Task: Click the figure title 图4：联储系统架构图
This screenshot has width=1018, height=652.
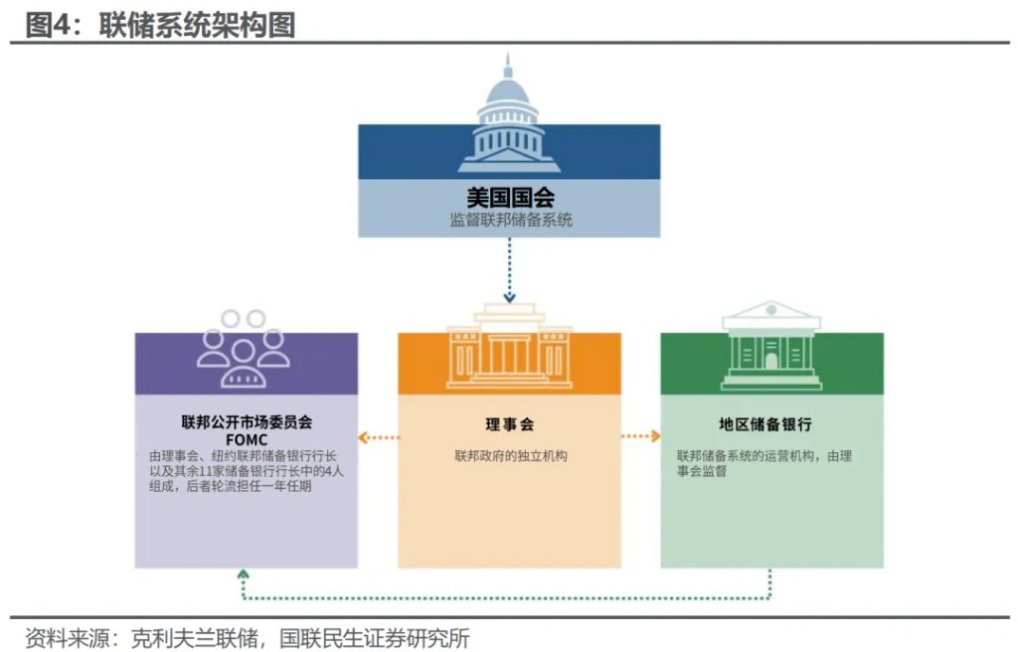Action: click(160, 25)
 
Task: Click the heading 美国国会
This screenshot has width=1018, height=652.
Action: click(510, 198)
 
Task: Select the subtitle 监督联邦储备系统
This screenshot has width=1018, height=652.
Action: click(510, 220)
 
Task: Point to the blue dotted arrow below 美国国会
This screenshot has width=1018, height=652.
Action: click(510, 270)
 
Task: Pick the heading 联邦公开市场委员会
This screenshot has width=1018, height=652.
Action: click(247, 422)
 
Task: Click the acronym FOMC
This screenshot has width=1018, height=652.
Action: click(247, 439)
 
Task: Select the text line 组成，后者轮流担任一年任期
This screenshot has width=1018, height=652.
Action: click(230, 486)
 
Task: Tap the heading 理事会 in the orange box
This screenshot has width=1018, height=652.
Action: click(510, 424)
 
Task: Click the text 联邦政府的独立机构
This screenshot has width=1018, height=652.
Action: click(510, 456)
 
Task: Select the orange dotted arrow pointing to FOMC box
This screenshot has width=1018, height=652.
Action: click(379, 437)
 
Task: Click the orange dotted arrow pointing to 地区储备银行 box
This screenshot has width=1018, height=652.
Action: click(641, 435)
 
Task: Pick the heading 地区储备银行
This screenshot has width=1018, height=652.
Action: click(765, 424)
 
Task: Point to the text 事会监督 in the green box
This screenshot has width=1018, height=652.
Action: click(702, 471)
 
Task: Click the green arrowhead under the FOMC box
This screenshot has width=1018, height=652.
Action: click(244, 574)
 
